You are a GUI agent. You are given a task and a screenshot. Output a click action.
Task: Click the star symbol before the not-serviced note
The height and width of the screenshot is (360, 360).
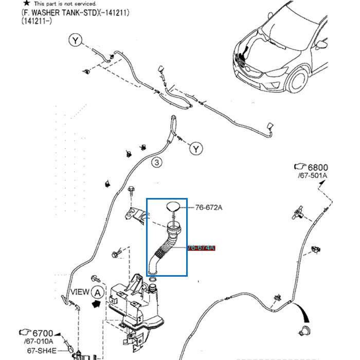[x=26, y=3]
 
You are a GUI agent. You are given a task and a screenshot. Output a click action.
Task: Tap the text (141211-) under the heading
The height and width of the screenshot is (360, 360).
[x=37, y=21]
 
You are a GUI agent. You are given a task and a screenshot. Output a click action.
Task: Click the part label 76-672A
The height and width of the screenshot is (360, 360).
[x=209, y=208]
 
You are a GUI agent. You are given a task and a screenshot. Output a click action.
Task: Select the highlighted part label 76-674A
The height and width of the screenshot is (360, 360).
[x=201, y=248]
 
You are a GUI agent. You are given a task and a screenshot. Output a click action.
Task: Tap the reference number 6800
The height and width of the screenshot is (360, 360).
[x=317, y=167]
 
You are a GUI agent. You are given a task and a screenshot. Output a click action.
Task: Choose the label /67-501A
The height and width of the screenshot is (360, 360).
[x=312, y=176]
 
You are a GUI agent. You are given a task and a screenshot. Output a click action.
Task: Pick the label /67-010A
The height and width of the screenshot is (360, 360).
[x=38, y=341]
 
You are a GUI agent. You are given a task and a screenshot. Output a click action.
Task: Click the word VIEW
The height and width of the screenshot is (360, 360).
[x=80, y=292]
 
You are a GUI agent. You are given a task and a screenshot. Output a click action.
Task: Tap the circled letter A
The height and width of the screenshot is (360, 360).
[x=97, y=293]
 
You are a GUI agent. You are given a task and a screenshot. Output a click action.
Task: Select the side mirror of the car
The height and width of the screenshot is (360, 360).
[x=321, y=45]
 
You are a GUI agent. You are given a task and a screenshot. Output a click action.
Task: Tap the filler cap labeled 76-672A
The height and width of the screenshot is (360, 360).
[x=173, y=207]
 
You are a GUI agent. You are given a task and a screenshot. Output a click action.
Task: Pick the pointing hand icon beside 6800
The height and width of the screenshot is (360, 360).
[x=300, y=167]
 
